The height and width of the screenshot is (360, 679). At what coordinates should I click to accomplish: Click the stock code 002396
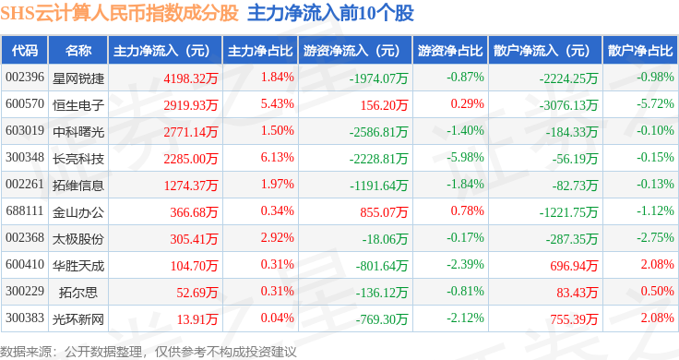[x=25, y=78]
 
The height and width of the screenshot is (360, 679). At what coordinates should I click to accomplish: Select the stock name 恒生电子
[x=78, y=105]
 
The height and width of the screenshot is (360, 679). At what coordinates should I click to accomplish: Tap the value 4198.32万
[x=191, y=78]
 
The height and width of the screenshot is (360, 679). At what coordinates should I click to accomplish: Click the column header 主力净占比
[x=260, y=51]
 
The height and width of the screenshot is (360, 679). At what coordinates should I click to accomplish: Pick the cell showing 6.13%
[x=277, y=157]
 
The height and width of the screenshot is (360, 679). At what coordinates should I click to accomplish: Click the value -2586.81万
[x=378, y=132]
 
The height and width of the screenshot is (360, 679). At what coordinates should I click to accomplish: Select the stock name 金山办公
[x=78, y=212]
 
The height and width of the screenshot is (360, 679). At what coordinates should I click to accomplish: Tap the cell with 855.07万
[x=384, y=211]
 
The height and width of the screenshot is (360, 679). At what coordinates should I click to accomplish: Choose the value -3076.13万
[x=568, y=105]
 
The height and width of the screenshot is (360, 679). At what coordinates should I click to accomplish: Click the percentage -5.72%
[x=655, y=104]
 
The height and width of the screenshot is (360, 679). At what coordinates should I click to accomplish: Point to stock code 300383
[x=25, y=318]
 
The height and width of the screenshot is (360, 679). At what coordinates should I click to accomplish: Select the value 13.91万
[x=197, y=319]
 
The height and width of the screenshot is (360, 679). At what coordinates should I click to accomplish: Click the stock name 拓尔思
[x=78, y=293]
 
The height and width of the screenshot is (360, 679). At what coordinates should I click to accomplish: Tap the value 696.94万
[x=574, y=266]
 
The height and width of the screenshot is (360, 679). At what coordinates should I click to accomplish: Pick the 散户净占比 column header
[x=640, y=51]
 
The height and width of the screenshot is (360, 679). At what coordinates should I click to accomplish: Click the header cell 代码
[x=25, y=51]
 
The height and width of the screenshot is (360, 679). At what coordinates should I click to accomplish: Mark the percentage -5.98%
[x=466, y=157]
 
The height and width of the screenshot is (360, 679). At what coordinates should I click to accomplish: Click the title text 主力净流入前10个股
[x=331, y=13]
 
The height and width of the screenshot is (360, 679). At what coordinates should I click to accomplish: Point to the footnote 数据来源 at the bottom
[x=26, y=352]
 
